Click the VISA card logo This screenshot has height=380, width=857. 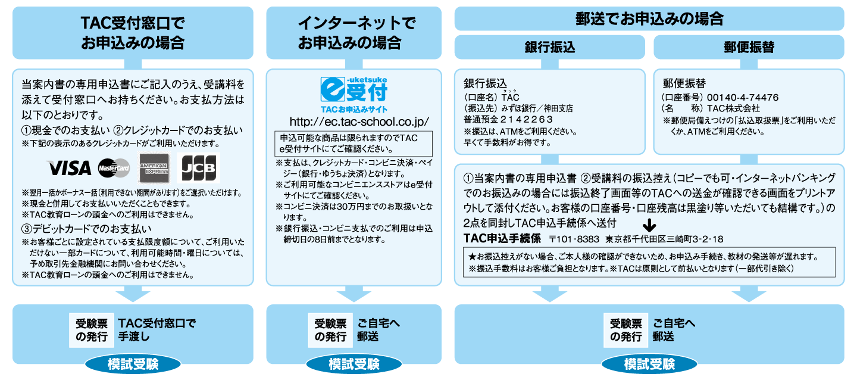[x=69, y=168]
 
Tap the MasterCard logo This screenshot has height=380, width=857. [x=114, y=168]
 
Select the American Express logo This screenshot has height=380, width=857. [x=154, y=168]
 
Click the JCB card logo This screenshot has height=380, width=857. [x=199, y=168]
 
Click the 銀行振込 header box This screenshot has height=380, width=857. [x=549, y=48]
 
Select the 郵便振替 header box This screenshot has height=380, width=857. [x=749, y=48]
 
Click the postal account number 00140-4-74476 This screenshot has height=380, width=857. [x=743, y=97]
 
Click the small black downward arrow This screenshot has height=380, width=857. [x=649, y=226]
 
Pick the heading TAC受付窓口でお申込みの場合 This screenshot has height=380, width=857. [x=133, y=33]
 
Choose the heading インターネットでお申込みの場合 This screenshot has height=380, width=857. [x=354, y=33]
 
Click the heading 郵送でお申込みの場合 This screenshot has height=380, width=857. [x=649, y=18]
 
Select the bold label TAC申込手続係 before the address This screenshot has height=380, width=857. [x=502, y=239]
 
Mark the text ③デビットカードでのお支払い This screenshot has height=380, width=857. [x=87, y=229]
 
